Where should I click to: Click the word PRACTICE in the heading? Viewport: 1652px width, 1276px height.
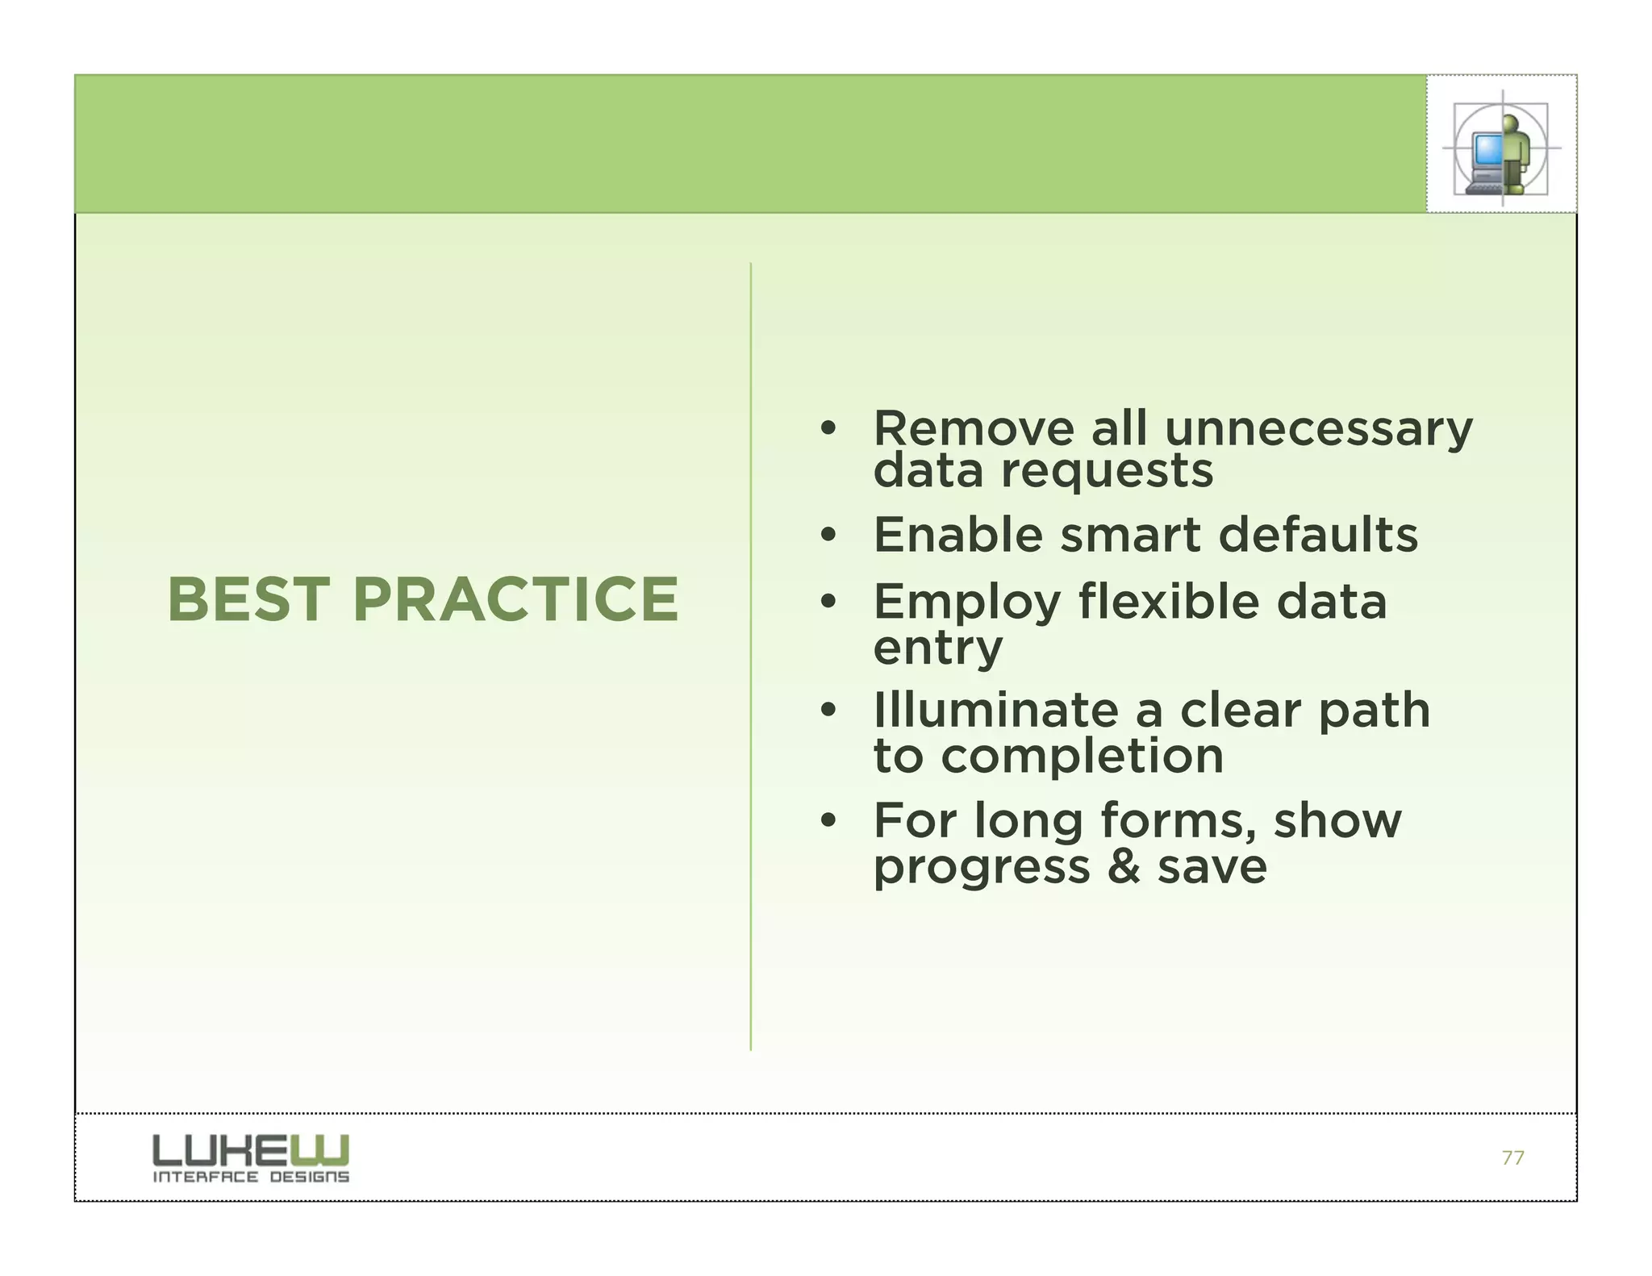pos(515,600)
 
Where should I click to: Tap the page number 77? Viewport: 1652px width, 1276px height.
pos(1512,1158)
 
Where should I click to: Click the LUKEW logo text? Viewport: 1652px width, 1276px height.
pos(251,1149)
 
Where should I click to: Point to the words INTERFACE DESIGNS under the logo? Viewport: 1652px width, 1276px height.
pos(251,1177)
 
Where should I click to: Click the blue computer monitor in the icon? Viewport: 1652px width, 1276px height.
pos(1487,150)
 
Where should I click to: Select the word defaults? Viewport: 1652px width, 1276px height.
pos(1317,535)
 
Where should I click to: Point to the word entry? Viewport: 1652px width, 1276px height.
pos(937,648)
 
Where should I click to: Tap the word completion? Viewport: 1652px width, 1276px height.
pos(1082,757)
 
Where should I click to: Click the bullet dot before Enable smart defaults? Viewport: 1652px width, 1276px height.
pos(828,536)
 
